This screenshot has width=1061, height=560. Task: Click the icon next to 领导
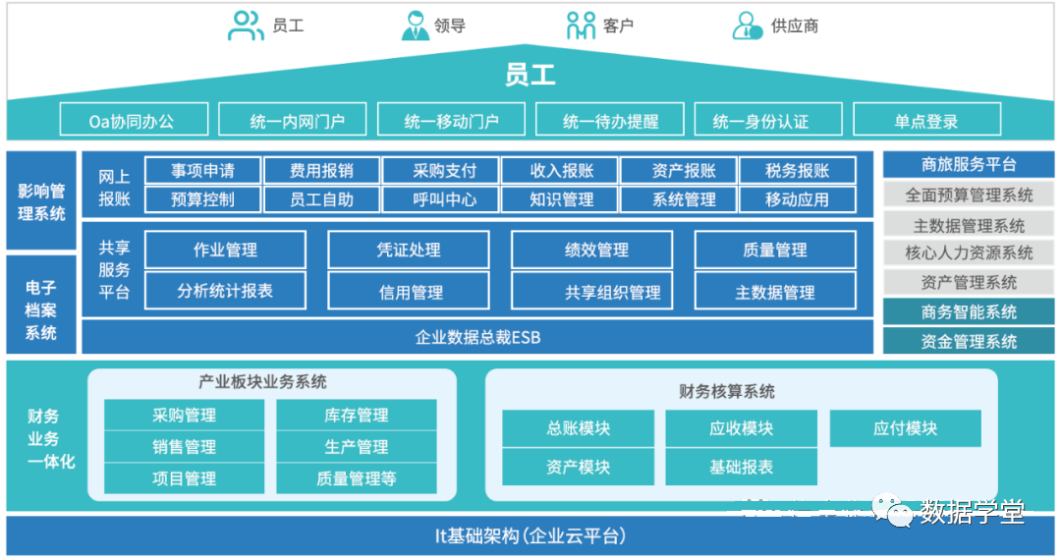click(416, 26)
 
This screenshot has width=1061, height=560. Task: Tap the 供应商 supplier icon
click(748, 26)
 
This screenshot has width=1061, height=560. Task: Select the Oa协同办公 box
click(134, 121)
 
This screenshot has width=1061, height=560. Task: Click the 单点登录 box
click(926, 121)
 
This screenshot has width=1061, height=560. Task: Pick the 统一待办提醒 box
click(610, 121)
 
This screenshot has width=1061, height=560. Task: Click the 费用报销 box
click(321, 171)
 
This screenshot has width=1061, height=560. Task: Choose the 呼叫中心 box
click(441, 199)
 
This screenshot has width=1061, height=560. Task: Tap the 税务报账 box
click(797, 171)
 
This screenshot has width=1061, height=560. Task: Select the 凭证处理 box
click(411, 250)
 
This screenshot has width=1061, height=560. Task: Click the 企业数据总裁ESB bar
click(477, 337)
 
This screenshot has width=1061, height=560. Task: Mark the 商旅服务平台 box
click(969, 165)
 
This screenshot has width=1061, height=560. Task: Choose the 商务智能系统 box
click(969, 312)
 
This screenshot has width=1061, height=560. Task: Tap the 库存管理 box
click(357, 416)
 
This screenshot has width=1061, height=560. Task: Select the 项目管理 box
click(185, 478)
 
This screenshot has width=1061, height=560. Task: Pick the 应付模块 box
click(905, 428)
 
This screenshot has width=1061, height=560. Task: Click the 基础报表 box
click(742, 467)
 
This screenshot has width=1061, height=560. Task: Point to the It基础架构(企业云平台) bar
click(530, 536)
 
